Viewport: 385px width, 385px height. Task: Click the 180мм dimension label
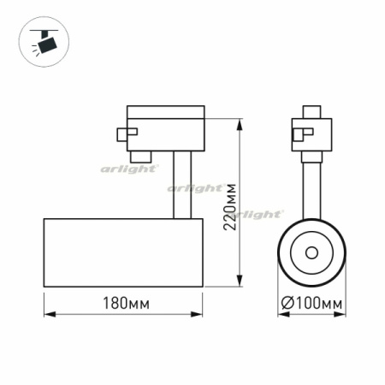coord(122,304)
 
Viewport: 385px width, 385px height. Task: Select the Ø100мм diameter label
coord(312,304)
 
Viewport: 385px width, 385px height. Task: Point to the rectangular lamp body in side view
coord(122,252)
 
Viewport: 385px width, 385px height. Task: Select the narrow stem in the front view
coord(311,188)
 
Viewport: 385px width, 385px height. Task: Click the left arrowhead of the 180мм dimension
coord(48,313)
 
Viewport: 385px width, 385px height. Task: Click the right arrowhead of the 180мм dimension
coord(198,313)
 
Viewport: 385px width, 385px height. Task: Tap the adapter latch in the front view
coord(300,133)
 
